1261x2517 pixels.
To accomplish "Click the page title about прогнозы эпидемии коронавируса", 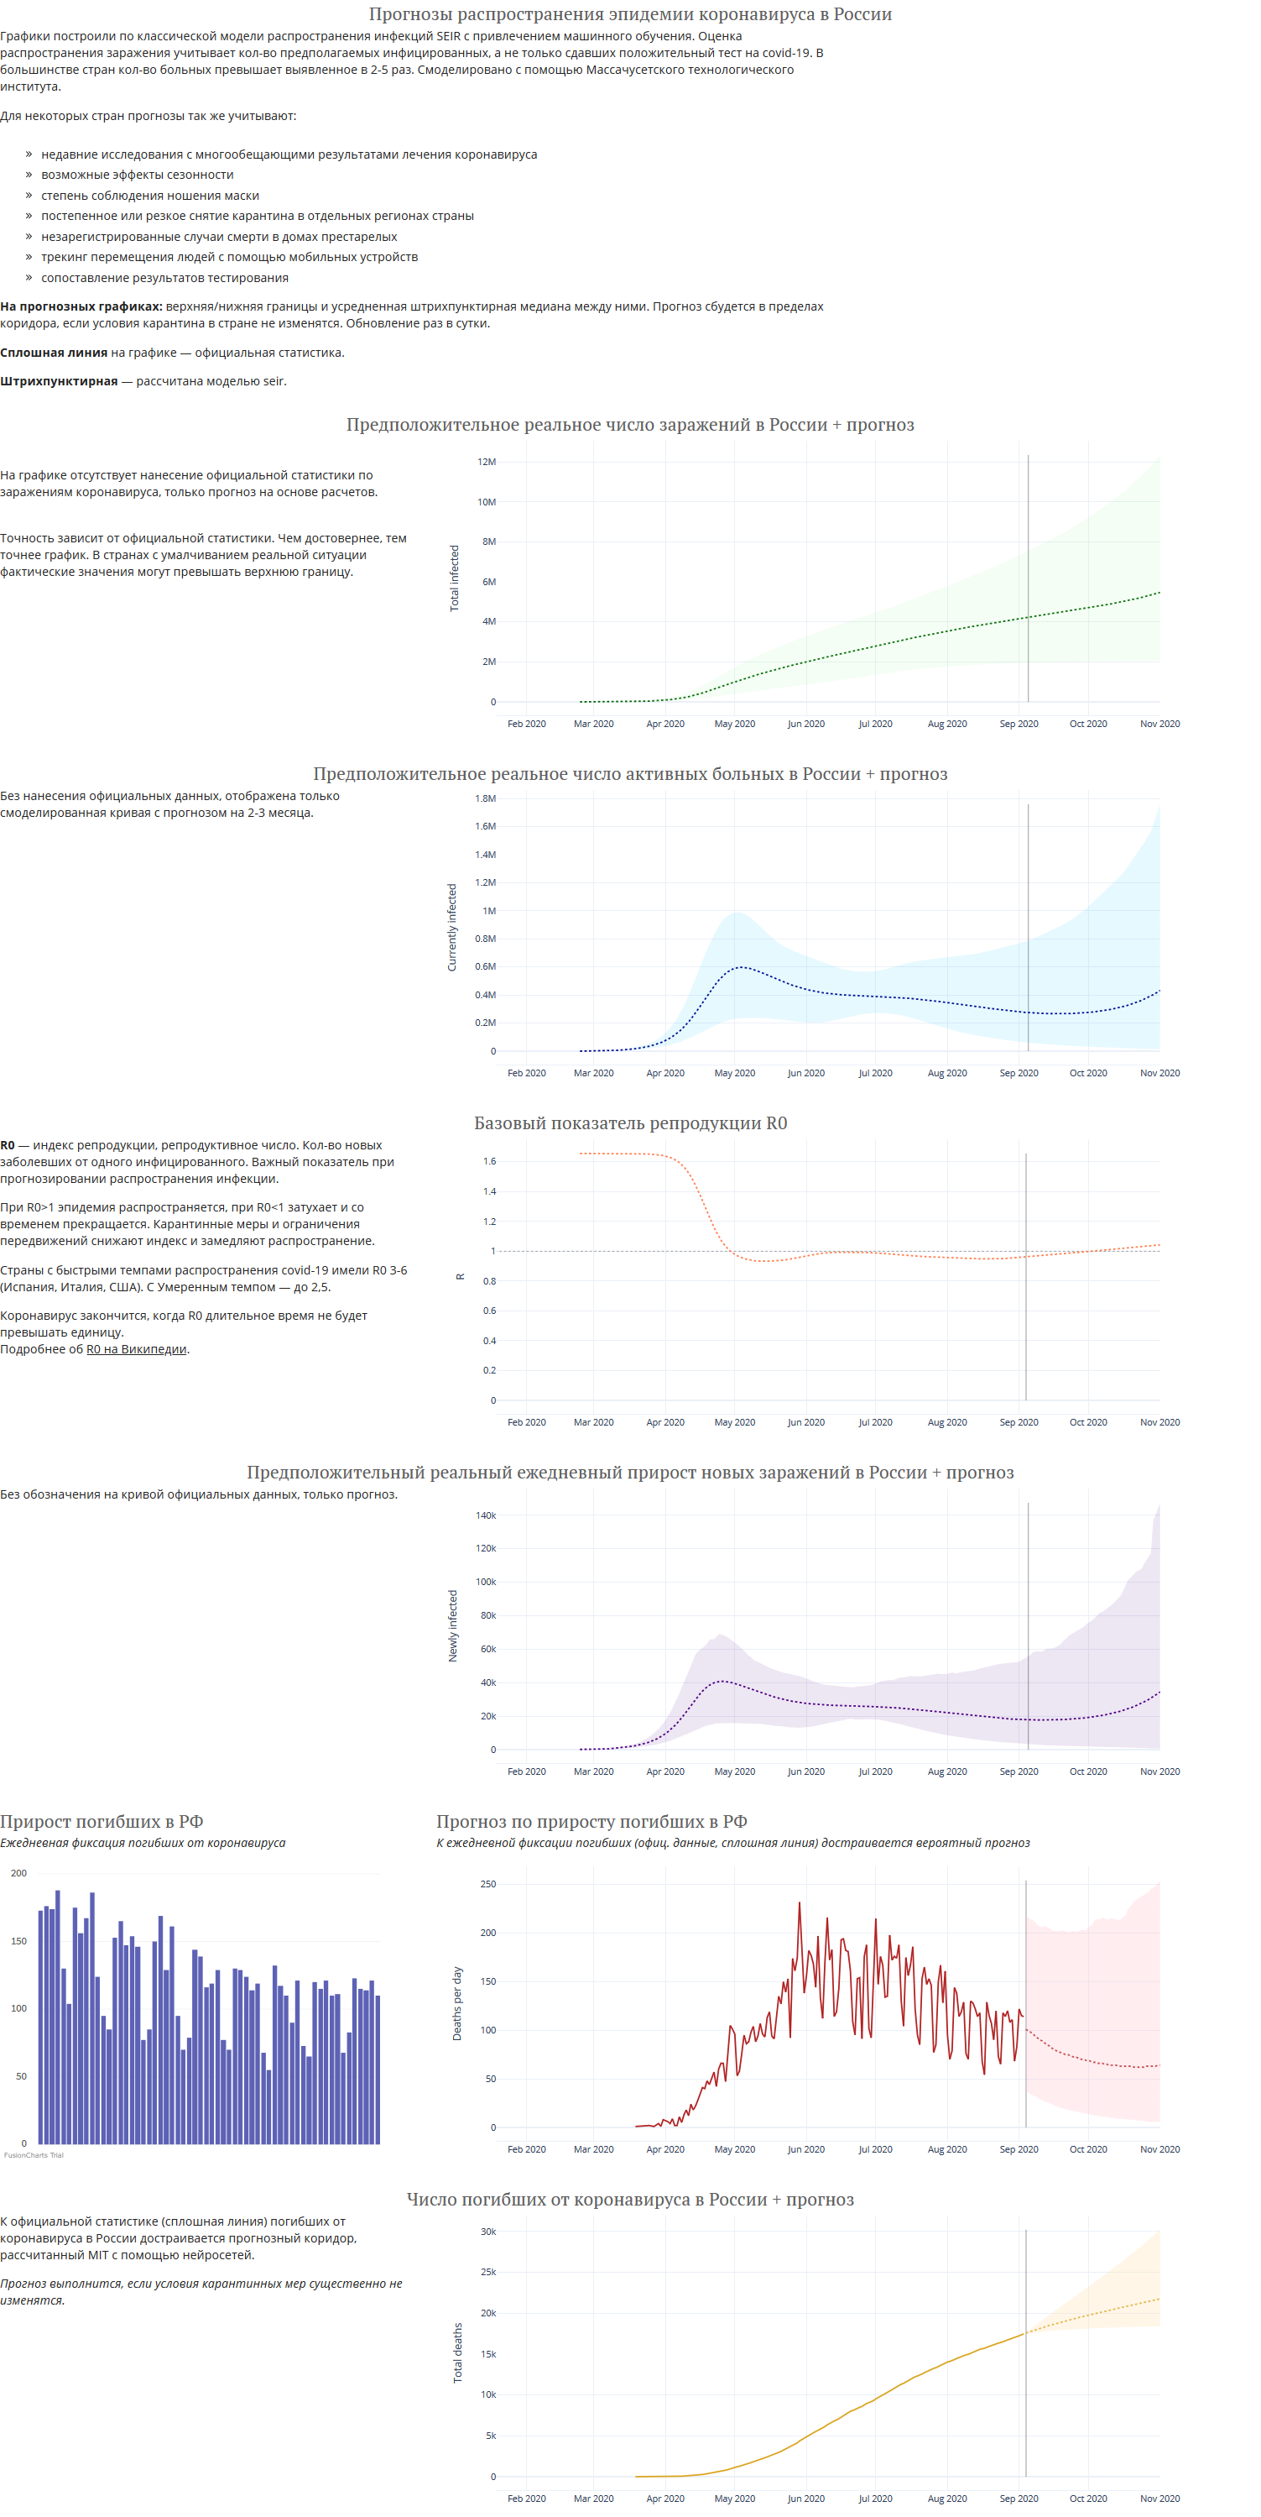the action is (630, 14).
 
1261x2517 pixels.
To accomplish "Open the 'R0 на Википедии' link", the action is (137, 1349).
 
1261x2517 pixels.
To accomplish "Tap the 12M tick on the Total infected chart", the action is (487, 462).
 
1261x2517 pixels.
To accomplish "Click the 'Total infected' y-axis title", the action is (454, 578).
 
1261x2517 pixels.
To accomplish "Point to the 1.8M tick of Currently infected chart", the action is (486, 798).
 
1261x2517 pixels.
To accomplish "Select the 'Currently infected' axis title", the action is (452, 927).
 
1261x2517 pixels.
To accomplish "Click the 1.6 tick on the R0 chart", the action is (489, 1162).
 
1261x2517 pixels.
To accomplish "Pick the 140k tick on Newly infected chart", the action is (486, 1515).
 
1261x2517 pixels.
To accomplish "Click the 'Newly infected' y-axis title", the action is (453, 1626).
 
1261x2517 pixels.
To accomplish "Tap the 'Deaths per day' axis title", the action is (457, 2003).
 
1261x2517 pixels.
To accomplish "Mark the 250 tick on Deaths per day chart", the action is (488, 1884).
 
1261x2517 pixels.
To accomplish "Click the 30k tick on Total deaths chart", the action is (488, 2232).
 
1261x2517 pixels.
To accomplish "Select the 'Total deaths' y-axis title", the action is (457, 2352).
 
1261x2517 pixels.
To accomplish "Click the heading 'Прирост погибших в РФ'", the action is (102, 1821).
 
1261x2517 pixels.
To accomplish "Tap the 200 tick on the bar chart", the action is (18, 1873).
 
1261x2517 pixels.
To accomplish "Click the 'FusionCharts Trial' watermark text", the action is (34, 2154).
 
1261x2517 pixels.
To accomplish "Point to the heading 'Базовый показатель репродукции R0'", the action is (631, 1123).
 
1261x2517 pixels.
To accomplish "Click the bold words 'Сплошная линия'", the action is (54, 353).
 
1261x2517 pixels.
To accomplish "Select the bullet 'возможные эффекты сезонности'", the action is (138, 175).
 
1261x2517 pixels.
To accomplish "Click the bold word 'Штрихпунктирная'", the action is (59, 381).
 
